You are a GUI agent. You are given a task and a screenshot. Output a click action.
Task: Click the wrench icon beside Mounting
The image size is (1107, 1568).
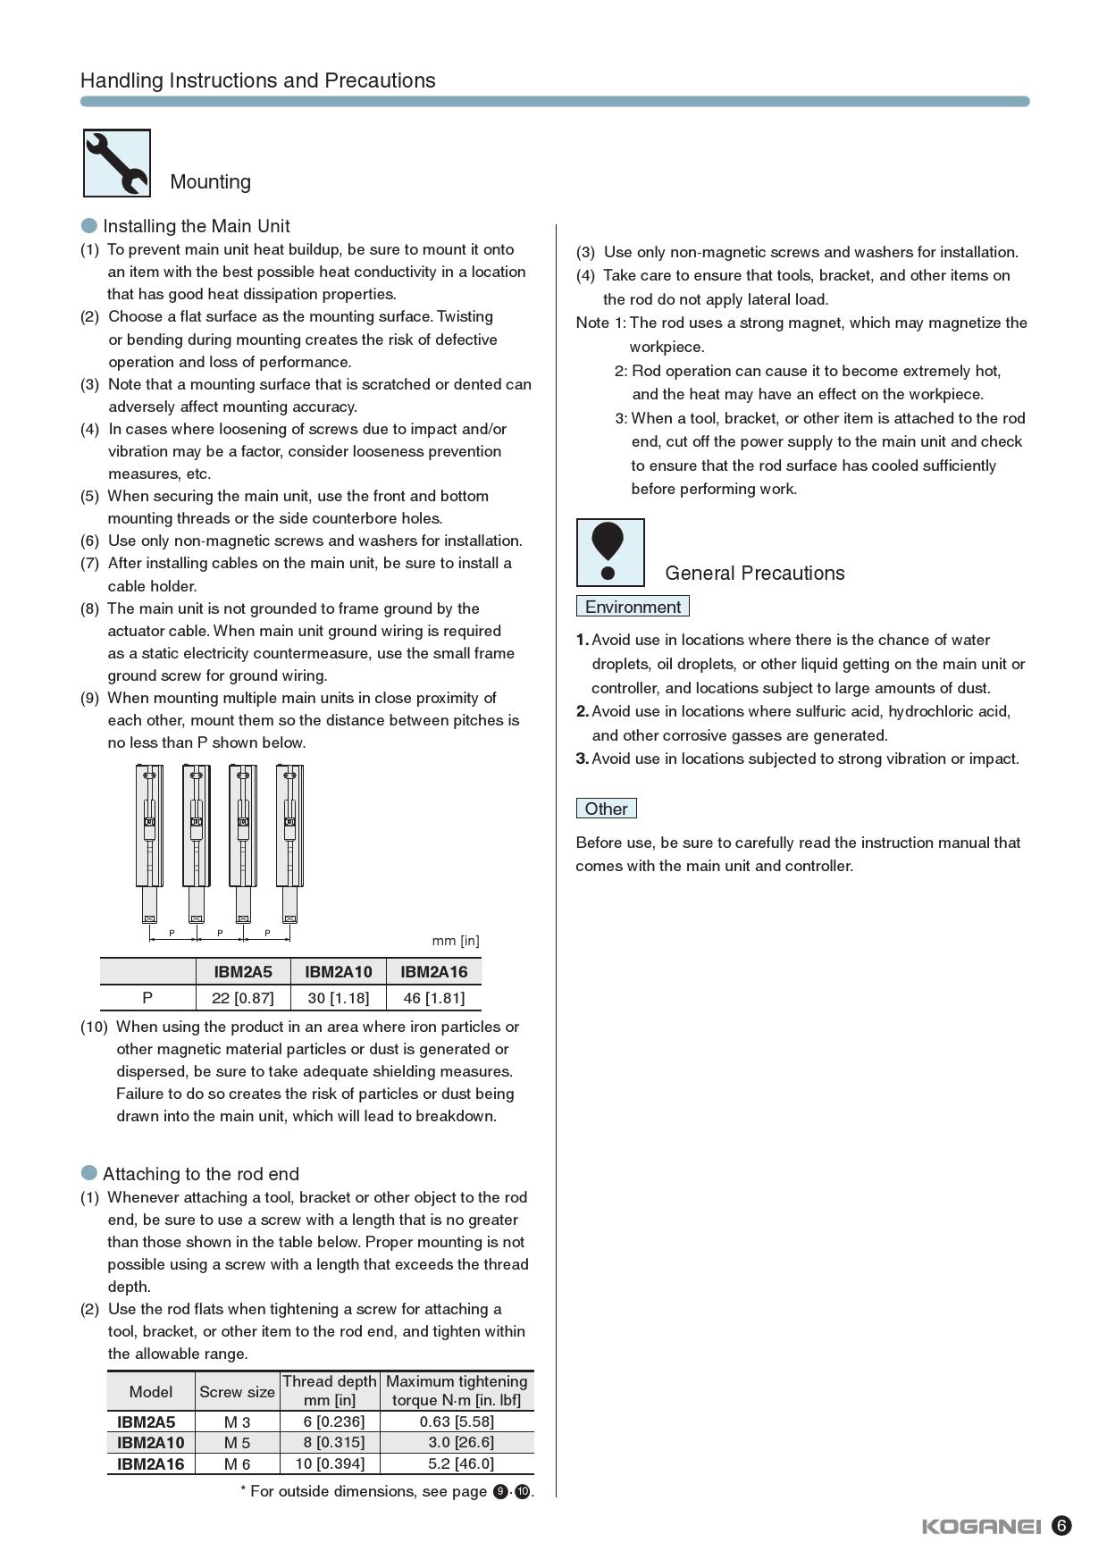coord(117,163)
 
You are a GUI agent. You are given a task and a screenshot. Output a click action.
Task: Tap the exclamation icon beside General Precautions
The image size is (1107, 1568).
coord(609,552)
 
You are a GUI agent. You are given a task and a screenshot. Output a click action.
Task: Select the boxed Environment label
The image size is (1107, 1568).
coord(633,607)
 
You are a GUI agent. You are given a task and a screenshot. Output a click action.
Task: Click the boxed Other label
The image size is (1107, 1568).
coord(606,809)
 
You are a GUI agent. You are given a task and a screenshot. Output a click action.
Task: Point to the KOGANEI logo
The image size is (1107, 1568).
coord(981,1526)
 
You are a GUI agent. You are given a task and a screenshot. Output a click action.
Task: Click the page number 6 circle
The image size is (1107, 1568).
coord(1061,1525)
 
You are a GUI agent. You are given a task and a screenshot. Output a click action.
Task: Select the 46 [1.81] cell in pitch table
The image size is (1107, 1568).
coord(434,998)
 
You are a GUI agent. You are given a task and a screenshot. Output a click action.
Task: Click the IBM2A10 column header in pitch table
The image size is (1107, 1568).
coord(339,972)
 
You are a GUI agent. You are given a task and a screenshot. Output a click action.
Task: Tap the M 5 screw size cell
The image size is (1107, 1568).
coord(238,1442)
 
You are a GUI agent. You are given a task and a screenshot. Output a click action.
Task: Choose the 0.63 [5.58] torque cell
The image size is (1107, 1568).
coord(457,1421)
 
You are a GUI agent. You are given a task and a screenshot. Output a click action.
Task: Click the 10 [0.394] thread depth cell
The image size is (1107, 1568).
coord(330,1463)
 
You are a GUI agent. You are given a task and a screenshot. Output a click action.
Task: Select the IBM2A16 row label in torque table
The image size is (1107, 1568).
coord(151,1463)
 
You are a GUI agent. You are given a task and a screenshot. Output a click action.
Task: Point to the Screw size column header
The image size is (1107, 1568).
coord(237,1392)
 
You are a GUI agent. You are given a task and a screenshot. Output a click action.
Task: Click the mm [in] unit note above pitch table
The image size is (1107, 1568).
coord(456,941)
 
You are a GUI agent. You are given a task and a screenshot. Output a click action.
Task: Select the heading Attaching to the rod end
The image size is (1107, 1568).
coord(201,1174)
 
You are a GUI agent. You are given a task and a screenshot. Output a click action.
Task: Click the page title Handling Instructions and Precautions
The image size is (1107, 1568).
coord(258,80)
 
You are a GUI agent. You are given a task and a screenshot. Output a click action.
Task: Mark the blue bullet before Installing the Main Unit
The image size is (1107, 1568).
coord(89,225)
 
